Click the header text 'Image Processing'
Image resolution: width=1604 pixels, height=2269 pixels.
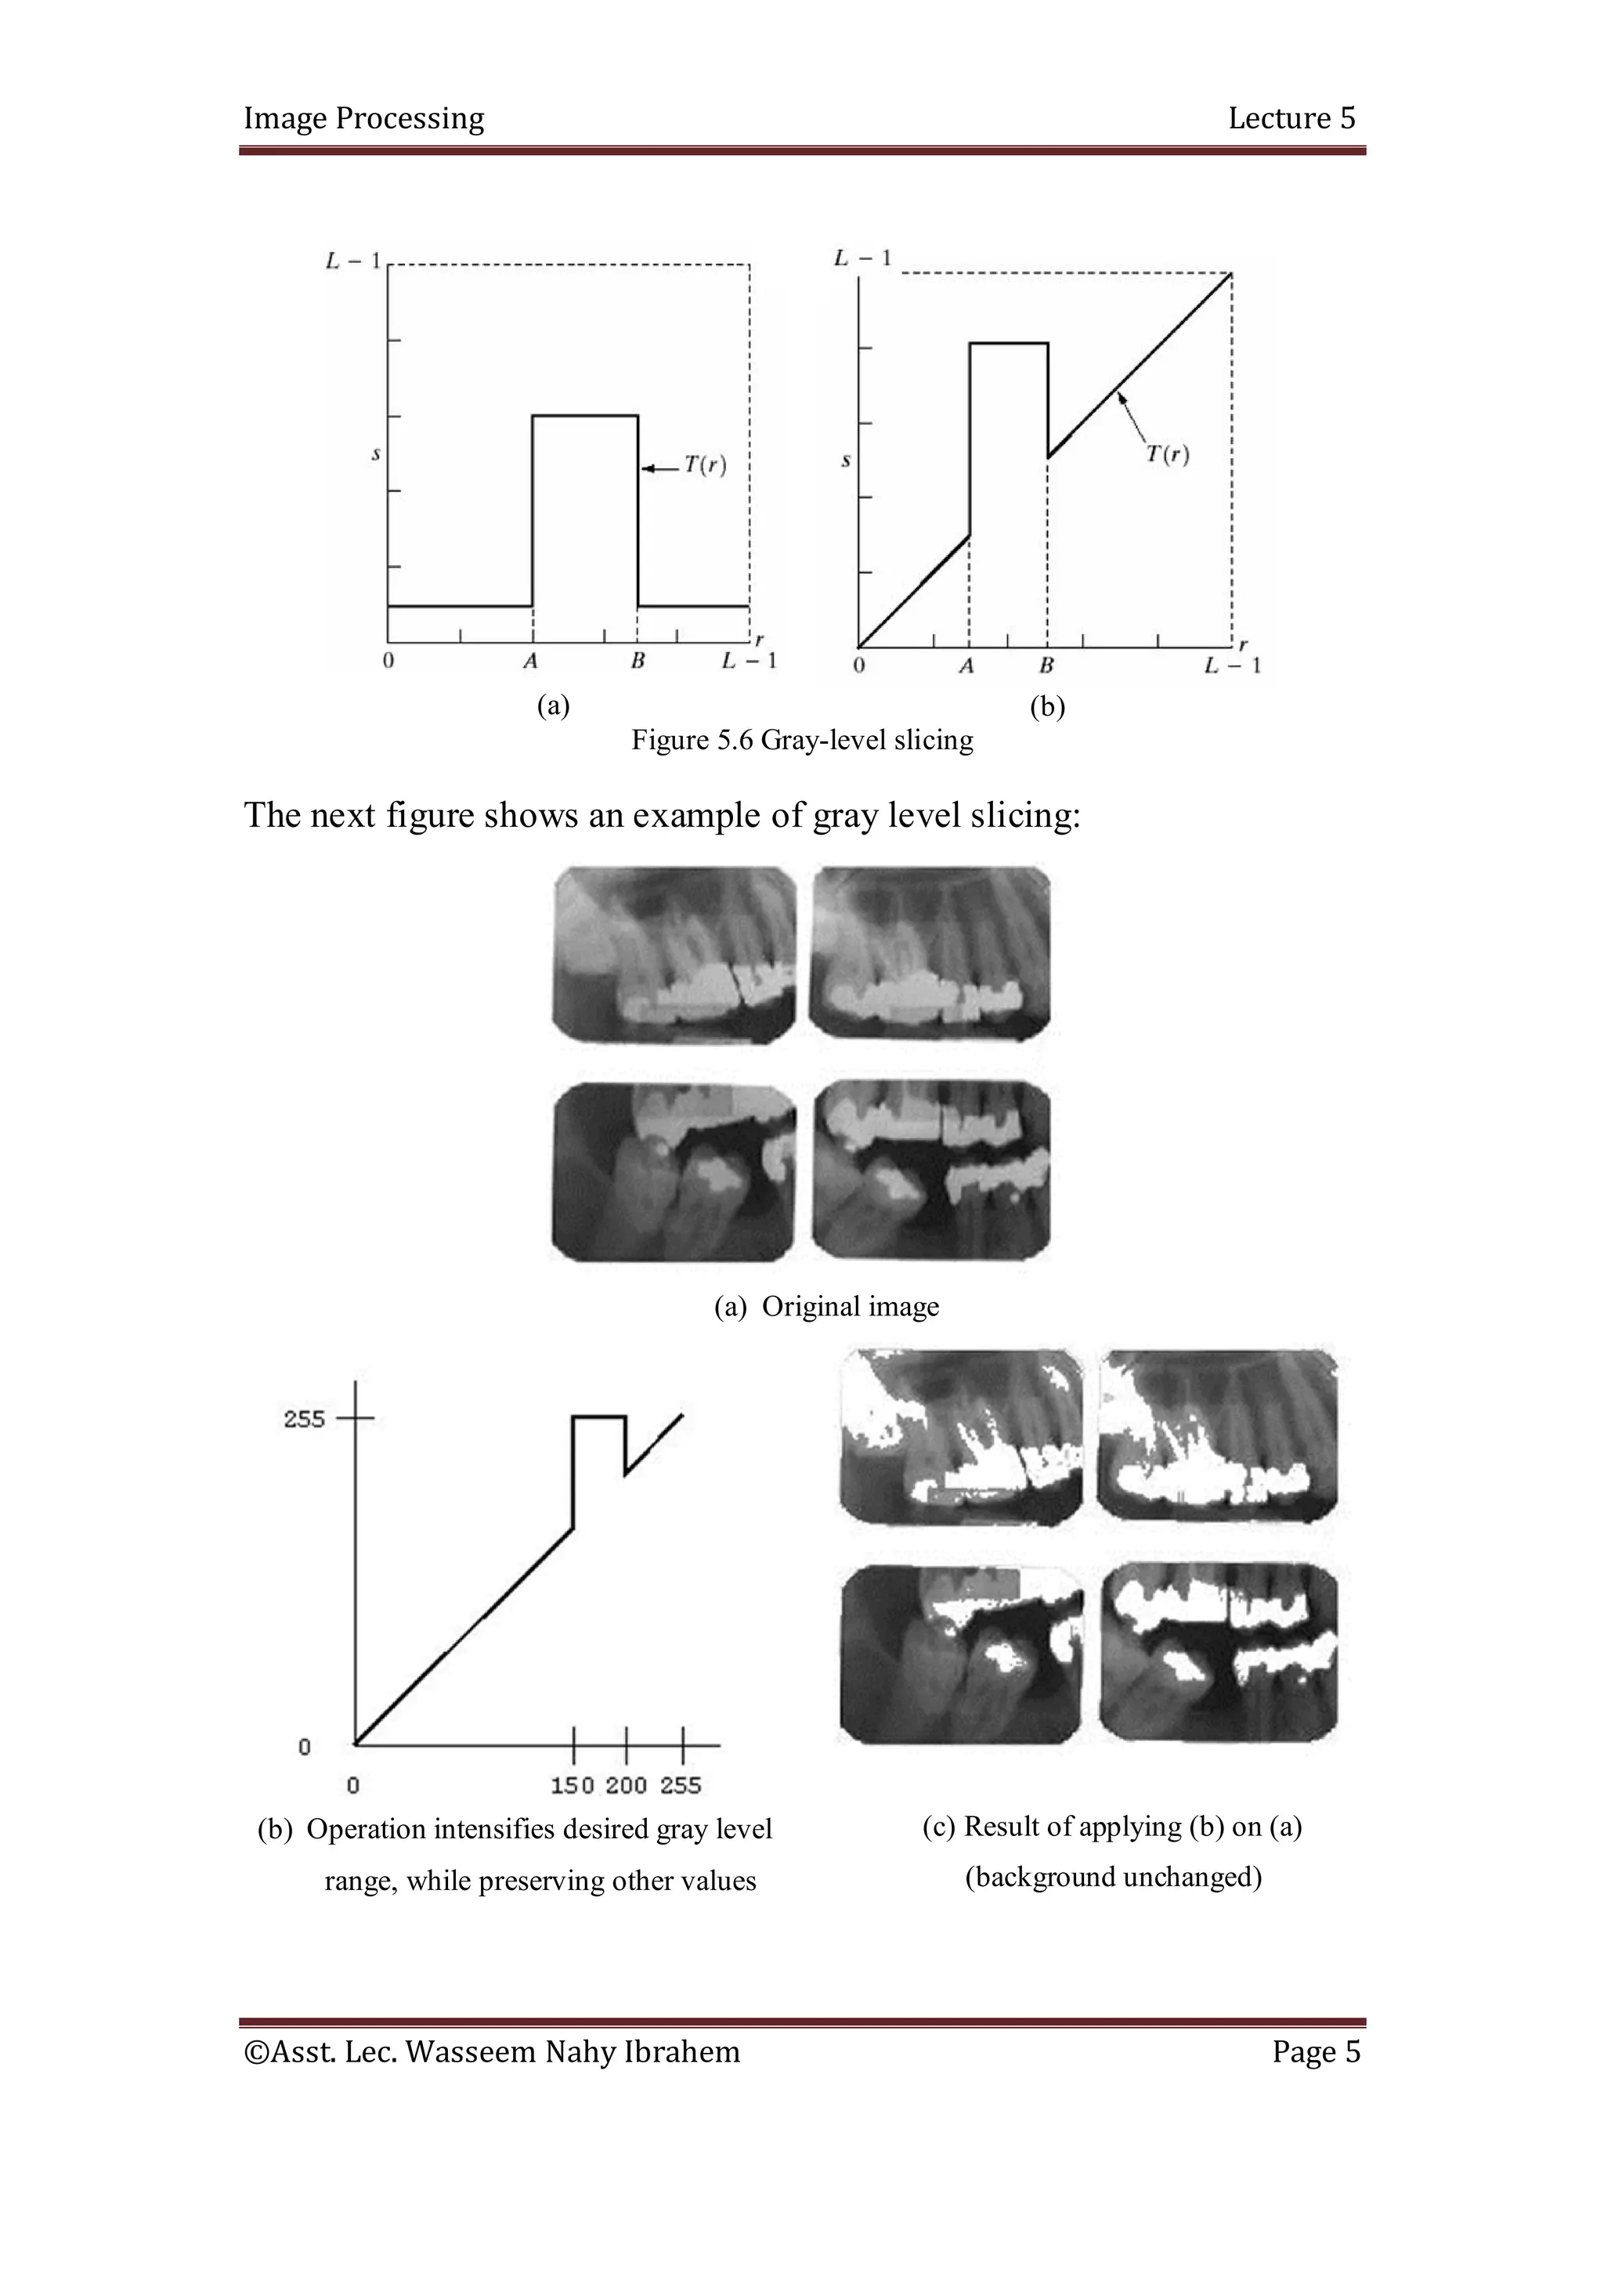click(x=363, y=118)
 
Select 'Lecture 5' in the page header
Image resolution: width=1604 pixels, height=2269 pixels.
click(x=1291, y=118)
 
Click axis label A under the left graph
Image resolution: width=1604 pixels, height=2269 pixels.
click(x=531, y=661)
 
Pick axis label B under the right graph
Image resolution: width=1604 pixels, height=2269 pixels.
click(x=1046, y=666)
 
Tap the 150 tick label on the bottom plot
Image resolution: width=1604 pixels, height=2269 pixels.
click(x=573, y=1785)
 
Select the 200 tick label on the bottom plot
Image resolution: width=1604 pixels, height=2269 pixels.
click(x=626, y=1785)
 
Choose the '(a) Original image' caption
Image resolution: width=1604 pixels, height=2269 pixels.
click(x=826, y=1307)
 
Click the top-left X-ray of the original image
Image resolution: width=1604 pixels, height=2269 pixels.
click(x=674, y=954)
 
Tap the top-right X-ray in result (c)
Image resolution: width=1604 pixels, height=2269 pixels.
click(x=1219, y=1437)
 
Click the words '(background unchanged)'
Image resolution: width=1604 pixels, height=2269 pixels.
click(x=1113, y=1877)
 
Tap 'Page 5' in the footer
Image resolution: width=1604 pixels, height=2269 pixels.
click(x=1316, y=2053)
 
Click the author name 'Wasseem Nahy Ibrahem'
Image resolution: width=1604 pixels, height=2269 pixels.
click(x=573, y=2053)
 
